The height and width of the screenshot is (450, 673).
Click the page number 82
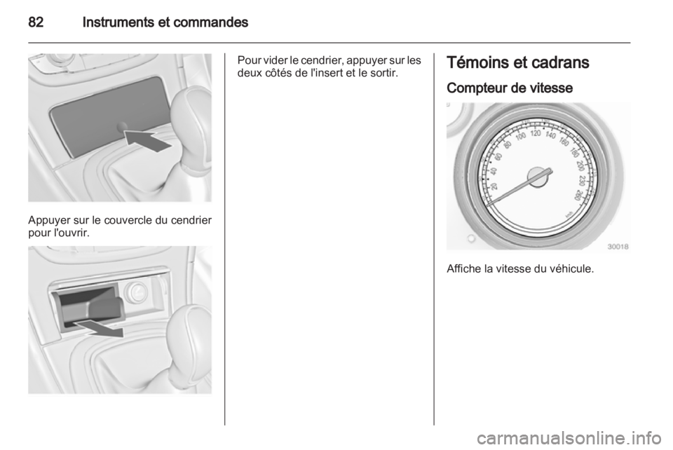point(36,22)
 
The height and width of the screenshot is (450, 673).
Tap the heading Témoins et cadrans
point(517,62)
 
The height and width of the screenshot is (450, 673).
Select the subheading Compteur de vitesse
point(510,88)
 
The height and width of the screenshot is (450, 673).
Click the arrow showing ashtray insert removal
point(98,327)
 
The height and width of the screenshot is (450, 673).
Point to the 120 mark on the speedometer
point(536,133)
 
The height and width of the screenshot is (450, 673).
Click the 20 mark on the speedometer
point(494,186)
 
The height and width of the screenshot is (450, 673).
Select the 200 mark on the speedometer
point(580,165)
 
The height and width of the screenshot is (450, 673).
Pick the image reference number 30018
point(618,246)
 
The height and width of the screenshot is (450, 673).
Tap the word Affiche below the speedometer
point(462,269)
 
